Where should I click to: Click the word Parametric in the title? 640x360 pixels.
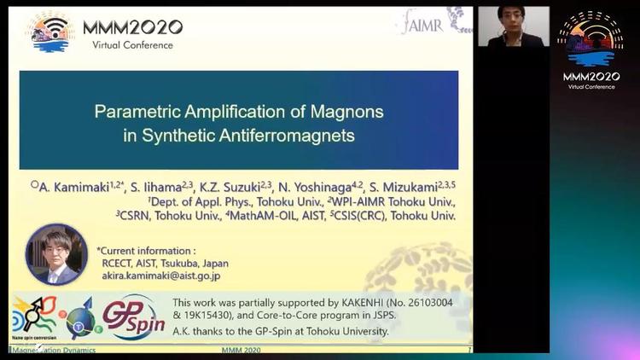coord(135,112)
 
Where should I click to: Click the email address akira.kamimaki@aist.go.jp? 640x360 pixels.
coord(161,276)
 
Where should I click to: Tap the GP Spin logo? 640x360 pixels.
coord(132,316)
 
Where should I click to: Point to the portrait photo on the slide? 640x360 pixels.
coord(56,253)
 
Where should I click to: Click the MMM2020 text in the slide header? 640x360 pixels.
coord(132,26)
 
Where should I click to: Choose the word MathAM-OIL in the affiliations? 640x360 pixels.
coord(264,217)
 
